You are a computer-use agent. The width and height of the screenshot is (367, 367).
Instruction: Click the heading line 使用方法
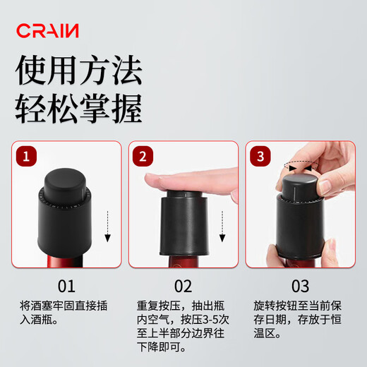[79, 72]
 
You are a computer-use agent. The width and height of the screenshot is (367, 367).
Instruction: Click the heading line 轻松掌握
[79, 109]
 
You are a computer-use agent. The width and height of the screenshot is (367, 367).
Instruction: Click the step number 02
[183, 287]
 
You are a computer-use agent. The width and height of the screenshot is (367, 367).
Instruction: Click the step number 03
[300, 287]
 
